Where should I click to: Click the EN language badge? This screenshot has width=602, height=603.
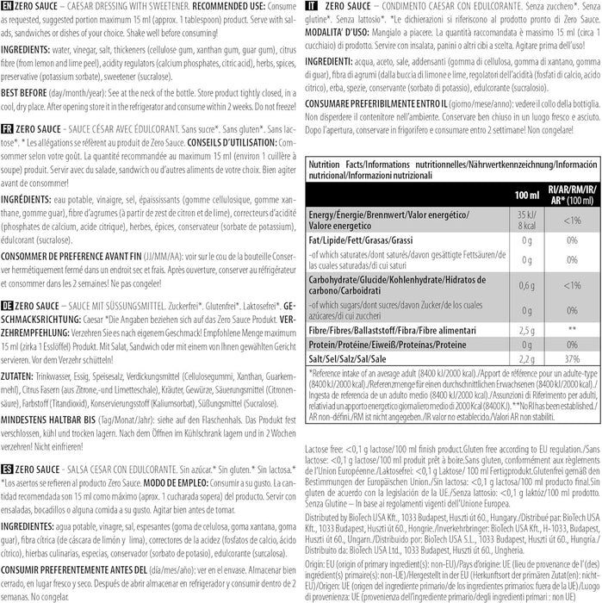(x=8, y=7)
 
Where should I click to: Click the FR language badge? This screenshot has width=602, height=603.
(x=8, y=127)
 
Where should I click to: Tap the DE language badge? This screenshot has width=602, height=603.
(x=8, y=306)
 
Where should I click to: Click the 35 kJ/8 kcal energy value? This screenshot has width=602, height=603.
(x=524, y=218)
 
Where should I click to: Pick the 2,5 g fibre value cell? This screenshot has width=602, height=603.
(x=524, y=328)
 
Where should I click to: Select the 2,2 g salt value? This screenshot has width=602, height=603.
(x=524, y=357)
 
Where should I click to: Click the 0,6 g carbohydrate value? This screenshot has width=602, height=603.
(x=524, y=284)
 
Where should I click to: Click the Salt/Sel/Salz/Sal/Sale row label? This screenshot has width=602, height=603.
(x=351, y=357)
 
